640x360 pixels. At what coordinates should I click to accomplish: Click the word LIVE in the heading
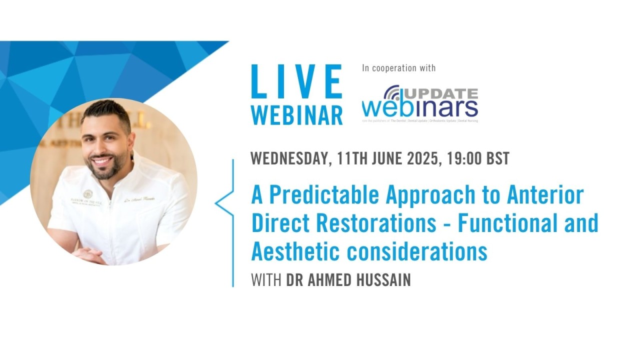click(296, 82)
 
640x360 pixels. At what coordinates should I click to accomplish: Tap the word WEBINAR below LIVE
click(296, 114)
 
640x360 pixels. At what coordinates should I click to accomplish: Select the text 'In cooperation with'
click(398, 68)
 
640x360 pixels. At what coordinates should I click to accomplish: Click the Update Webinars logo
click(420, 103)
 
